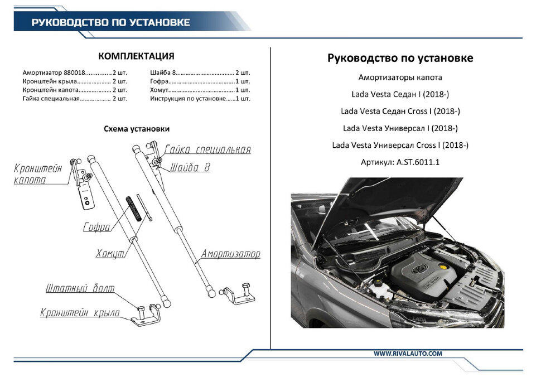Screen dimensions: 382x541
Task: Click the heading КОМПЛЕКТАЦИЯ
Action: [136, 56]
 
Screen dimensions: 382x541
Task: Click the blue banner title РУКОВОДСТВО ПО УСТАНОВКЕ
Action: [110, 23]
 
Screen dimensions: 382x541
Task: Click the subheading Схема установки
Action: [137, 129]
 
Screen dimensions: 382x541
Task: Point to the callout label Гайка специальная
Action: [207, 149]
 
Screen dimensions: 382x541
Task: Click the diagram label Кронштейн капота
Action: [38, 173]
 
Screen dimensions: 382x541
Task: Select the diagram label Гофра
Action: [96, 228]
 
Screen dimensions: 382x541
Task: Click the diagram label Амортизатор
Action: [231, 254]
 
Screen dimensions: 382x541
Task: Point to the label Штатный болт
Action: [80, 289]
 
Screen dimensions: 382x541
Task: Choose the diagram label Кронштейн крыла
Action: [80, 313]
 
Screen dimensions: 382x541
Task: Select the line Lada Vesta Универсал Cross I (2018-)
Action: [400, 145]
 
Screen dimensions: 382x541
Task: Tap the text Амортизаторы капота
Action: [400, 78]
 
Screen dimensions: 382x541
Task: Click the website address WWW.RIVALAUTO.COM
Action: [408, 354]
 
